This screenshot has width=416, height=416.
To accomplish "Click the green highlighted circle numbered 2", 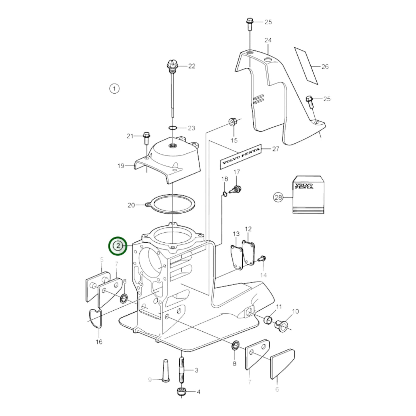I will [x=117, y=246].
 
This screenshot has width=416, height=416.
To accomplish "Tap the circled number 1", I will [x=114, y=88].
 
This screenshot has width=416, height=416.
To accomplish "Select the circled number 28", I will [x=278, y=197].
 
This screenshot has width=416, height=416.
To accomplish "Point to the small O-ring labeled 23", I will [x=172, y=128].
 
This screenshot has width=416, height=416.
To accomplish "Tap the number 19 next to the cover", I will [x=121, y=166].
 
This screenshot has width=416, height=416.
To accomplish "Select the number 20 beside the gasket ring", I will [x=131, y=205].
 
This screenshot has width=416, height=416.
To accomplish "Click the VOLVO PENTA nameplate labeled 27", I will [x=241, y=157].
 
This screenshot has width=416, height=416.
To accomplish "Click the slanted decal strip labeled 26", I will [x=306, y=66].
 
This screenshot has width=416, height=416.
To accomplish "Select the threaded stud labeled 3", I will [x=182, y=370].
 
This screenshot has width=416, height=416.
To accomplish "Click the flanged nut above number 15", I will [x=232, y=122].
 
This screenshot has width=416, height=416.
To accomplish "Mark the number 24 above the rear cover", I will [x=268, y=40].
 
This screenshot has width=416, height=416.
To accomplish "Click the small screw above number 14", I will [x=262, y=259].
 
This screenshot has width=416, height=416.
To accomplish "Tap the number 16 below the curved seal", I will [x=99, y=342].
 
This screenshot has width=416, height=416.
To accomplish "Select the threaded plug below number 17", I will [x=236, y=190].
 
